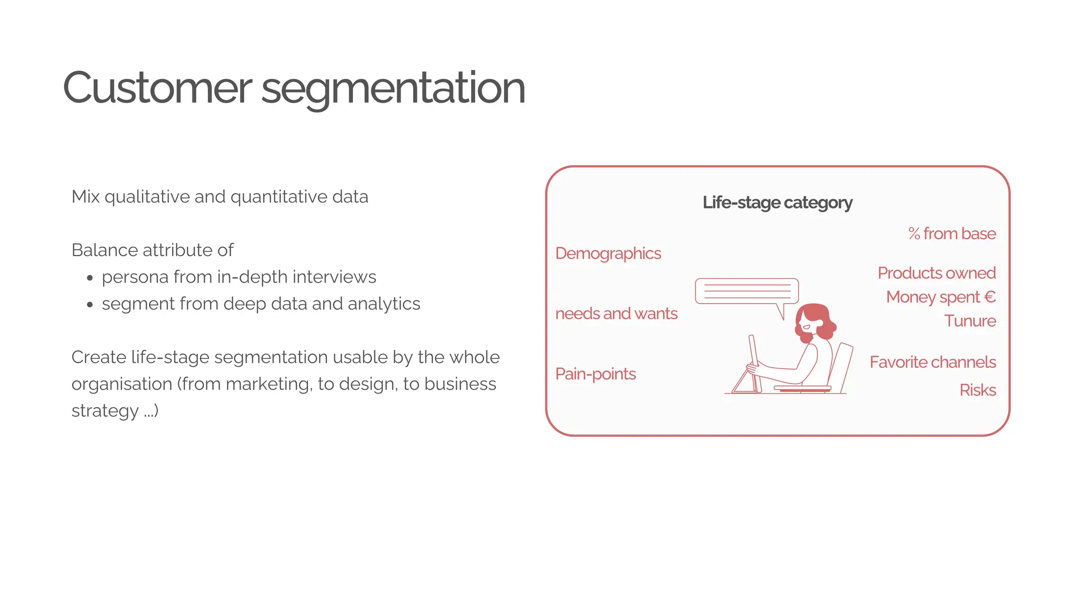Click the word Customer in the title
pos(157,88)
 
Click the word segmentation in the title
pos(393,89)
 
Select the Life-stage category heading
pos(777,203)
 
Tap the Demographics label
pos(608,253)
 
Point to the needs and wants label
pos(616,314)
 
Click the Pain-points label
pos(595,374)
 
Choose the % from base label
pos(952,234)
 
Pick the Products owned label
pos(937,273)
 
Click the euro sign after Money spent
pos(989,297)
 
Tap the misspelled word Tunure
pos(970,321)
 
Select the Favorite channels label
pos(932,362)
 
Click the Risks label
pos(977,390)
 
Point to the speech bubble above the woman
pos(746,292)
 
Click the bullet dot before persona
pos(90,278)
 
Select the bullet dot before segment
pos(90,305)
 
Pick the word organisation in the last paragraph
pos(121,384)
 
